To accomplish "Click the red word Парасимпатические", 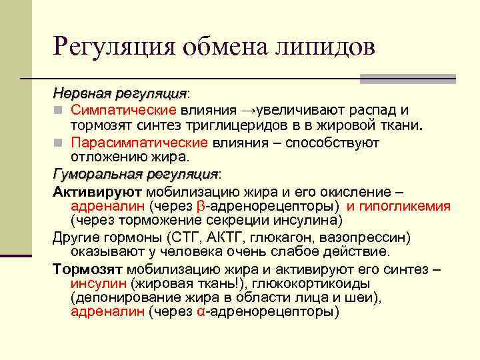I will point(139,142).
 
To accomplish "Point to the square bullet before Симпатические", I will point(58,110).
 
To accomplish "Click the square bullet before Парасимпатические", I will point(58,143).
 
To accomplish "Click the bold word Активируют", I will point(92,191).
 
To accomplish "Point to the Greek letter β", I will point(203,207).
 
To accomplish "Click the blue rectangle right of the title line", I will point(407,78).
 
